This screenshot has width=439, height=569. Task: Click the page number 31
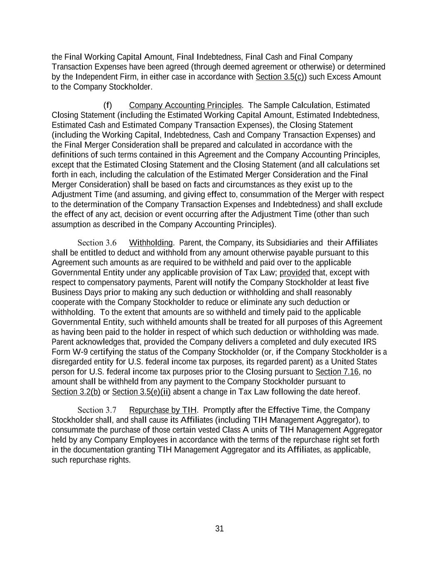pyautogui.click(x=219, y=529)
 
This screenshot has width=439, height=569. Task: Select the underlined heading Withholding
pyautogui.click(x=151, y=243)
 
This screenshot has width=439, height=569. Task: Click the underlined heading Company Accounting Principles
pyautogui.click(x=185, y=105)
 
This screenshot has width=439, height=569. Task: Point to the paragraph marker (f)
pyautogui.click(x=107, y=105)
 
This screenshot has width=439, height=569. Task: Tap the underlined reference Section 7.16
pyautogui.click(x=337, y=372)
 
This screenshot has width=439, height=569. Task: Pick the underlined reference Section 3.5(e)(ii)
pyautogui.click(x=141, y=392)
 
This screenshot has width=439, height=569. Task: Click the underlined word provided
pyautogui.click(x=295, y=273)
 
